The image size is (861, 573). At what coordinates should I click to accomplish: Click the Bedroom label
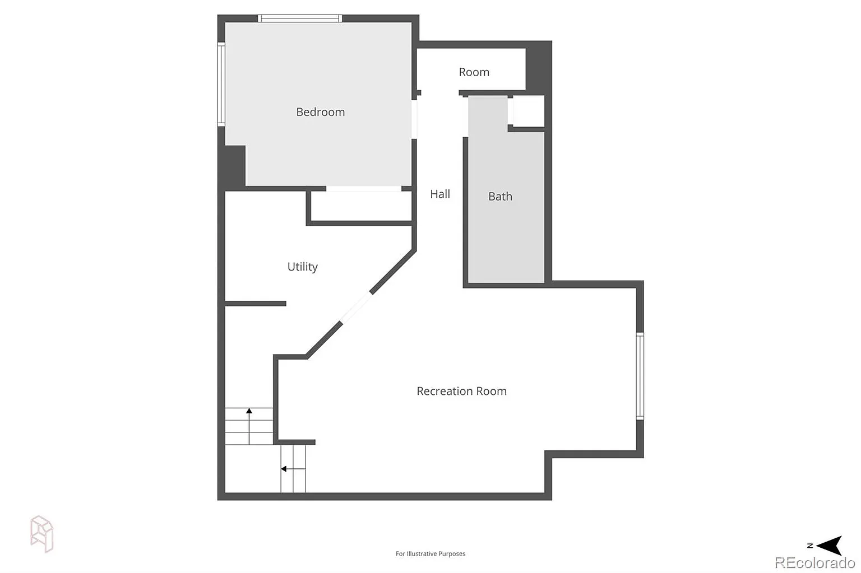(320, 112)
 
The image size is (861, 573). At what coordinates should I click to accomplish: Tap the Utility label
(303, 267)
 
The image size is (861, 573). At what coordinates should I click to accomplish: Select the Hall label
(439, 194)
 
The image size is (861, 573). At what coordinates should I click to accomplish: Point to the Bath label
(500, 196)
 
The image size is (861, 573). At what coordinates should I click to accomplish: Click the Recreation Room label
(462, 391)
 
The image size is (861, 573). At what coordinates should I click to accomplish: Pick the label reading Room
(474, 72)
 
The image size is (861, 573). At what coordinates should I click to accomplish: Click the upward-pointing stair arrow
(249, 426)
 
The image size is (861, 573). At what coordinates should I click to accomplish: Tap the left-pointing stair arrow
(293, 469)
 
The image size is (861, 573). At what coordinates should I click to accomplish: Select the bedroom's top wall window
(300, 18)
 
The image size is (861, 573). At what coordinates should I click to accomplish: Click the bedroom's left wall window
(221, 84)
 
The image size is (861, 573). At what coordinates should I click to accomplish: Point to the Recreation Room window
(640, 376)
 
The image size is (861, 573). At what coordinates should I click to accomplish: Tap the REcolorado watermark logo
(814, 562)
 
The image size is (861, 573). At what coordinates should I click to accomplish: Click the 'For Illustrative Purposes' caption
(430, 553)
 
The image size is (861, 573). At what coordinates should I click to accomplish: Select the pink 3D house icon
(41, 534)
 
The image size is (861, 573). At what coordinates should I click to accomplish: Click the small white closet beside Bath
(529, 110)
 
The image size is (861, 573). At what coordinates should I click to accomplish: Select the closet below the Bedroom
(362, 206)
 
